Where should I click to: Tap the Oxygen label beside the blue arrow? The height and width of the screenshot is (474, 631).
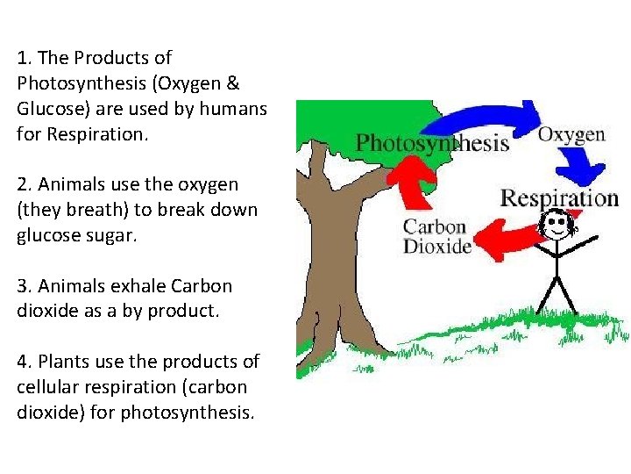click(x=571, y=134)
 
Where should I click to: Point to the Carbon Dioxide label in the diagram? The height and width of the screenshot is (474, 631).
click(x=436, y=236)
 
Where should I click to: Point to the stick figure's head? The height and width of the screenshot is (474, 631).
click(x=557, y=227)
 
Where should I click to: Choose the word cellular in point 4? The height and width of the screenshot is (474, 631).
click(x=45, y=387)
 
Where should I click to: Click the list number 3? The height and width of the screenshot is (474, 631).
click(x=22, y=286)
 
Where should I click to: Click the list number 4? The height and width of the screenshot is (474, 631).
click(x=22, y=362)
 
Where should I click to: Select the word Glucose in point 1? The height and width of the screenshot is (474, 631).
click(x=46, y=109)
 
